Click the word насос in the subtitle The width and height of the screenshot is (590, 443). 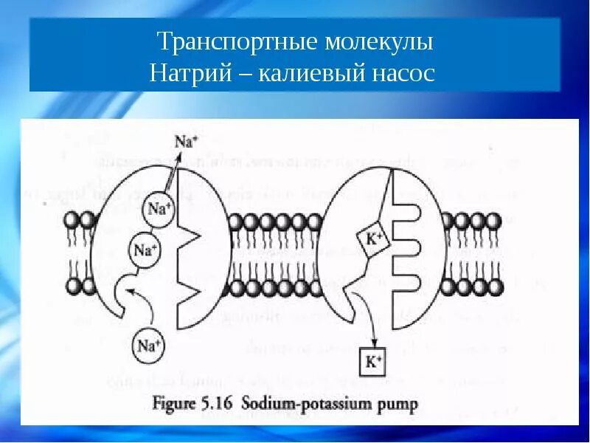pyautogui.click(x=405, y=75)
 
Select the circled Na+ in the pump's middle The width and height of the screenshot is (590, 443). pyautogui.click(x=145, y=250)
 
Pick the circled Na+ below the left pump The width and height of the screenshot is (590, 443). pyautogui.click(x=147, y=344)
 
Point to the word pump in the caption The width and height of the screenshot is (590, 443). pyautogui.click(x=400, y=405)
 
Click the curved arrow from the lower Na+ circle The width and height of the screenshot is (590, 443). pyautogui.click(x=136, y=299)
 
